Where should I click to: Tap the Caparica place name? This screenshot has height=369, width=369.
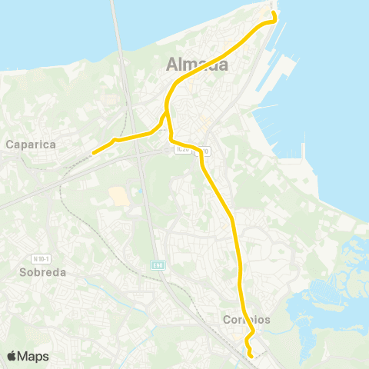(28, 143)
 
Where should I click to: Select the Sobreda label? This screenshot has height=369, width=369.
(42, 272)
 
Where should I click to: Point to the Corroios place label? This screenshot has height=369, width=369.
(246, 319)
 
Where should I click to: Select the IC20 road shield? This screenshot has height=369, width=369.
(181, 148)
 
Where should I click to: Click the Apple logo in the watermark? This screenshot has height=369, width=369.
(12, 356)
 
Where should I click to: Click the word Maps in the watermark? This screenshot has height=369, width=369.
(35, 356)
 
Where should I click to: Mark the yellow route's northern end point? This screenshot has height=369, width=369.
(274, 14)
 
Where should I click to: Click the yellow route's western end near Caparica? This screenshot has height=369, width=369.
(93, 153)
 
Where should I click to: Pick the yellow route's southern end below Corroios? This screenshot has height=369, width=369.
(252, 355)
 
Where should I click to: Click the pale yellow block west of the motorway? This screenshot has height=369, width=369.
(119, 195)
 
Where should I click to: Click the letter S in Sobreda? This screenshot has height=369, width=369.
(22, 272)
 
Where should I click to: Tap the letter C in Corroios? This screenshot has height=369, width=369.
(226, 319)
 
